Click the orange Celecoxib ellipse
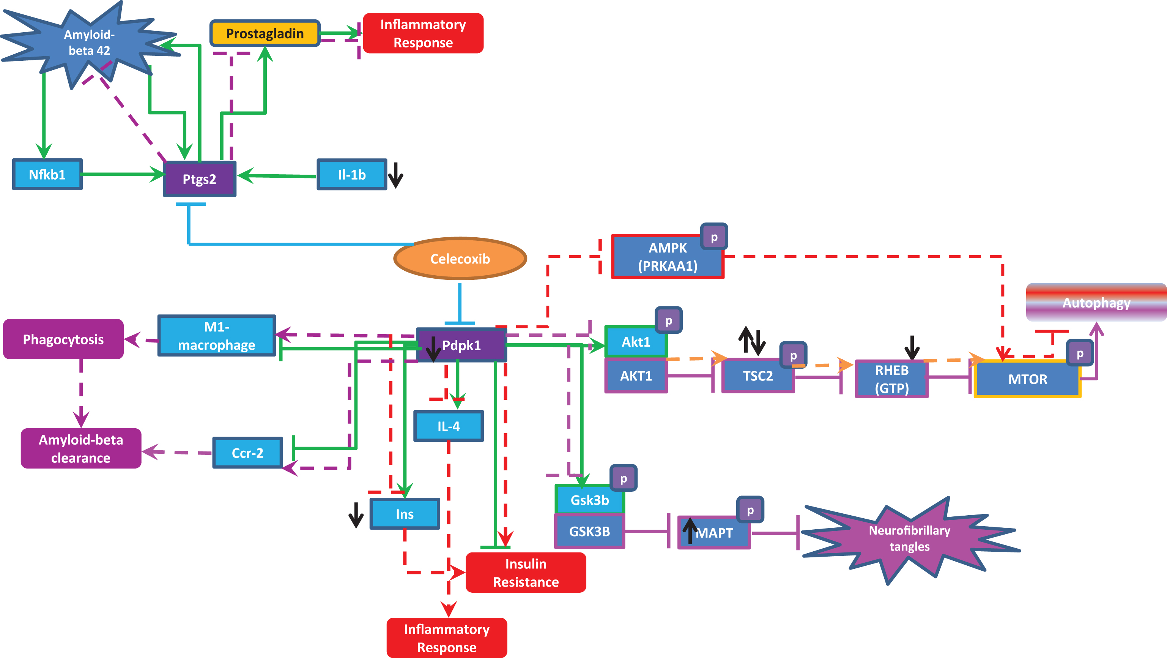(460, 258)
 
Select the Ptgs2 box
(199, 178)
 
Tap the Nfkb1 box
(47, 174)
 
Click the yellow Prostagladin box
(265, 33)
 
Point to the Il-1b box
(351, 175)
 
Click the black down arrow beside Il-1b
(395, 175)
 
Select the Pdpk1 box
(461, 345)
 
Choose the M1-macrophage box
(217, 335)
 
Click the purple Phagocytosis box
(63, 339)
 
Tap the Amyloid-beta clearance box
(81, 448)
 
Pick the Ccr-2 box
(247, 452)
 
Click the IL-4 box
(449, 426)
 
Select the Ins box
(405, 514)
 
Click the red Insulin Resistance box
(526, 572)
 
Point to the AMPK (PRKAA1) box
(668, 257)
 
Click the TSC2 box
(758, 376)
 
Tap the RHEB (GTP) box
(891, 379)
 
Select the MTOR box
(1027, 379)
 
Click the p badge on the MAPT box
(750, 510)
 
